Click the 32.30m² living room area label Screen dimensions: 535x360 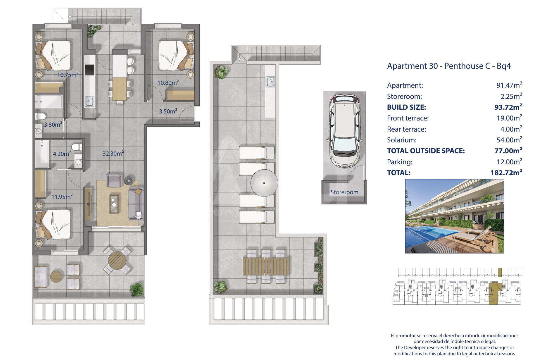[x=113, y=153]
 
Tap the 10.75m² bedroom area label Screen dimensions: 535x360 [x=68, y=75]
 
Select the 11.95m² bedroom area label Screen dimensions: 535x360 [x=62, y=197]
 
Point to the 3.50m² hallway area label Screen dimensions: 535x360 [x=168, y=111]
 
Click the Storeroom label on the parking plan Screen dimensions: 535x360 [x=344, y=192]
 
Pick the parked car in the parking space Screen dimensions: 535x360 [x=344, y=131]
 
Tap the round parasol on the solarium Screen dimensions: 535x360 [x=264, y=183]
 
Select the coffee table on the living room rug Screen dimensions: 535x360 [x=114, y=204]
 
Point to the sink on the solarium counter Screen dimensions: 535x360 [x=271, y=82]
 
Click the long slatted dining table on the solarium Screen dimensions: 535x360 [x=266, y=266]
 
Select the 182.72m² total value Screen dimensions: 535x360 [x=506, y=173]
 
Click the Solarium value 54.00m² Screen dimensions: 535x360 [x=509, y=140]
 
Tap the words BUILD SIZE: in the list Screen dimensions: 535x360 [x=406, y=107]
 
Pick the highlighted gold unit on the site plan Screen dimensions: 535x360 [x=495, y=293]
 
